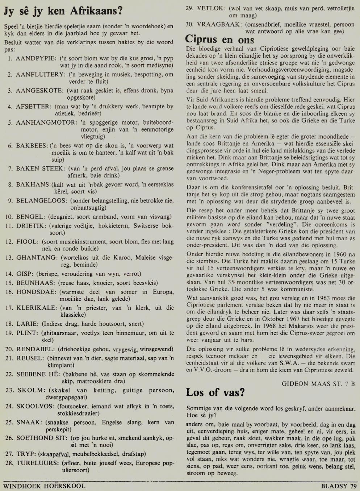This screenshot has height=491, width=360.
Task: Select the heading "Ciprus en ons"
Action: tap(220, 39)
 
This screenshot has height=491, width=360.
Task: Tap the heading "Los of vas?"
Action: tap(215, 392)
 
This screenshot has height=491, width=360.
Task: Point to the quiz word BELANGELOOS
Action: tap(42, 201)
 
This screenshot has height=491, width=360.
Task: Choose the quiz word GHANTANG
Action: tap(37, 258)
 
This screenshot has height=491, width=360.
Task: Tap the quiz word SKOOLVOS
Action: tap(35, 406)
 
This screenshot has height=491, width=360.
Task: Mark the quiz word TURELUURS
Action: tap(37, 463)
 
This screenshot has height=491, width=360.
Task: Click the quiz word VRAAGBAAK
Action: tap(219, 25)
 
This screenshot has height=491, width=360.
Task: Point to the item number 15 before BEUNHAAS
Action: tap(9, 283)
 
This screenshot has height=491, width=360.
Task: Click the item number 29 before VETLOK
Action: tap(189, 8)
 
